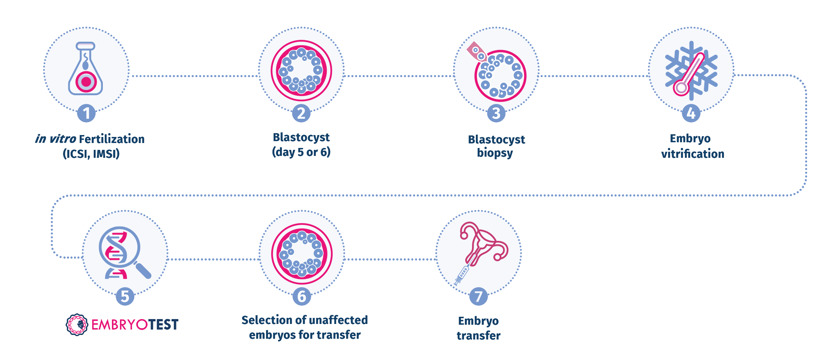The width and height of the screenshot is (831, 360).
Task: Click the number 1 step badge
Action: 87,113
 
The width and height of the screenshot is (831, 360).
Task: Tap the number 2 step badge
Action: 301,113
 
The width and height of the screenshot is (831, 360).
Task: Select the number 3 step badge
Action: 496,113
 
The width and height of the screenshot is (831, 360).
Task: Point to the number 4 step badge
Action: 691,113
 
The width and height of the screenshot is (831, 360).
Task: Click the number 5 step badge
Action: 125,296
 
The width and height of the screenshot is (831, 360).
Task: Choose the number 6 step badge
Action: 302,296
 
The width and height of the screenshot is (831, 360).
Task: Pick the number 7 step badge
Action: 478,296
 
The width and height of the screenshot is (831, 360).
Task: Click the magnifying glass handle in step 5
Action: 143,270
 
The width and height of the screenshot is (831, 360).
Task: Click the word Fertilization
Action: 112,139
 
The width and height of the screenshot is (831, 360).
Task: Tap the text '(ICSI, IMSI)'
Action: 91,154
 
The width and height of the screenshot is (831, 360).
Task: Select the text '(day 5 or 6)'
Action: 301,152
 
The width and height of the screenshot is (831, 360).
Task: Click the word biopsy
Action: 495,153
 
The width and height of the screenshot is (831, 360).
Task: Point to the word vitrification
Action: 692,154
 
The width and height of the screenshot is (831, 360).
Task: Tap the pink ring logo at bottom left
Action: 77,325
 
